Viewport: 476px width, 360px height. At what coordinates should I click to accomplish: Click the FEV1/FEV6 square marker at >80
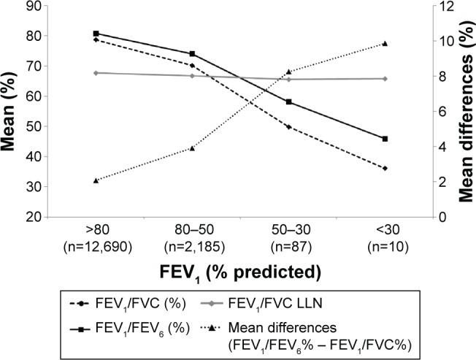pyautogui.click(x=96, y=34)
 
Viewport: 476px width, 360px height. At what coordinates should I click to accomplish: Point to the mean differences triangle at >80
pyautogui.click(x=96, y=180)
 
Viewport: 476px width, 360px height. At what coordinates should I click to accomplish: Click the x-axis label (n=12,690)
pyautogui.click(x=96, y=245)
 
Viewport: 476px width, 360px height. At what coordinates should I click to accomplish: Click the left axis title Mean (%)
pyautogui.click(x=9, y=111)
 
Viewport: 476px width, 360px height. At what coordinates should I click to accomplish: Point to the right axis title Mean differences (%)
pyautogui.click(x=465, y=111)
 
